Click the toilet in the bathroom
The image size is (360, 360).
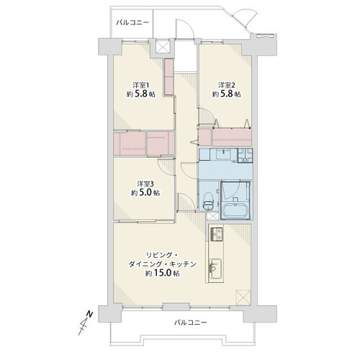pyautogui.click(x=208, y=201)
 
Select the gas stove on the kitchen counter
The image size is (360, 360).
pyautogui.click(x=217, y=234)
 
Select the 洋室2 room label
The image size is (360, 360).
pyautogui.click(x=227, y=85)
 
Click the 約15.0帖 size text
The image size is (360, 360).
pyautogui.click(x=163, y=273)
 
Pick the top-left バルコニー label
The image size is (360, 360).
pyautogui.click(x=132, y=23)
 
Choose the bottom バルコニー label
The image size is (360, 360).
pyautogui.click(x=190, y=322)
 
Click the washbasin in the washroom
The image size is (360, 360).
pyautogui.click(x=223, y=154)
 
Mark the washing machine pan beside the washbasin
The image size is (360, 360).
pyautogui.click(x=245, y=156)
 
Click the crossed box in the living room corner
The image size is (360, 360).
pyautogui.click(x=243, y=297)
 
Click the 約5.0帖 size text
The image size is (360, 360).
pyautogui.click(x=145, y=193)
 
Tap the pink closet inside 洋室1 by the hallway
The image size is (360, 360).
pyautogui.click(x=169, y=77)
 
